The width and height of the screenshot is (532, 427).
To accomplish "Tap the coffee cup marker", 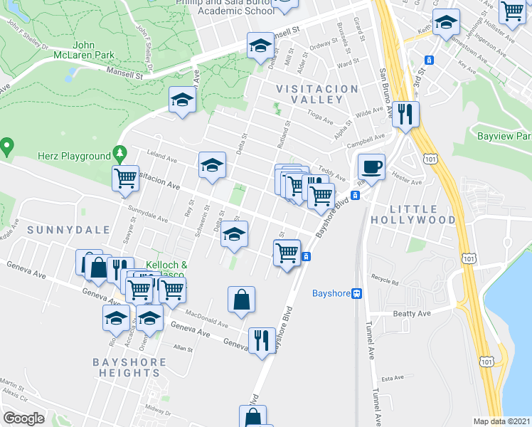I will tap(371, 169).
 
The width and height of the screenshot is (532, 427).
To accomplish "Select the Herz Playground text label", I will tap(75, 156).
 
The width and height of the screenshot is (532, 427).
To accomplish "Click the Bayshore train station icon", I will tap(357, 293).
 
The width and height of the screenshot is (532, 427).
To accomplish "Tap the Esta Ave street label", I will tap(393, 378).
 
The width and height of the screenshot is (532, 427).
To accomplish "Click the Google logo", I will tap(23, 418).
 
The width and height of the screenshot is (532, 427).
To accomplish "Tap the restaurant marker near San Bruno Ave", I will tap(406, 115).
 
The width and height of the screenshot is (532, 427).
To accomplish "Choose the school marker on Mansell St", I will tap(261, 46).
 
